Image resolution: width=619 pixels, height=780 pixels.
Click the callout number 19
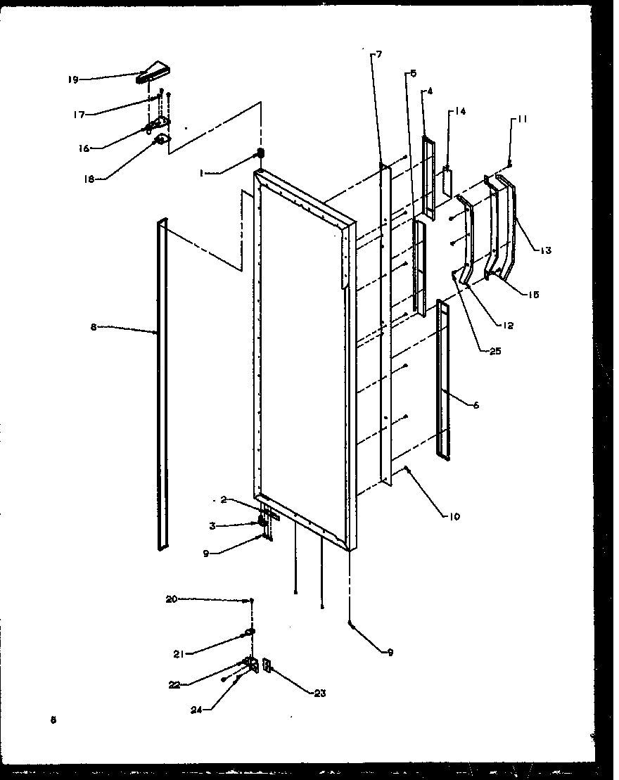click(x=72, y=79)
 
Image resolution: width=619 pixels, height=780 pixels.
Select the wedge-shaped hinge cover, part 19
click(x=154, y=72)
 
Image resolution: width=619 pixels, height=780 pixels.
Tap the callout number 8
click(x=94, y=327)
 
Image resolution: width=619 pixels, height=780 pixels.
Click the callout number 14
click(x=461, y=111)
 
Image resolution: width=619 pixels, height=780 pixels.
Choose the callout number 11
click(x=521, y=120)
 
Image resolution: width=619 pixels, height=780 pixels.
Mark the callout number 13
click(x=547, y=250)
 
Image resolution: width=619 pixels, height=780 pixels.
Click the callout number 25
click(x=495, y=351)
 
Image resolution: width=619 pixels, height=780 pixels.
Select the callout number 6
click(x=476, y=406)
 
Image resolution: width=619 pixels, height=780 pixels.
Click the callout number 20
click(x=171, y=599)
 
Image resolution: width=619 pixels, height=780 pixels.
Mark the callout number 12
click(x=508, y=326)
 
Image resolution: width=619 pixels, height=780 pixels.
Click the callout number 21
click(x=179, y=654)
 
